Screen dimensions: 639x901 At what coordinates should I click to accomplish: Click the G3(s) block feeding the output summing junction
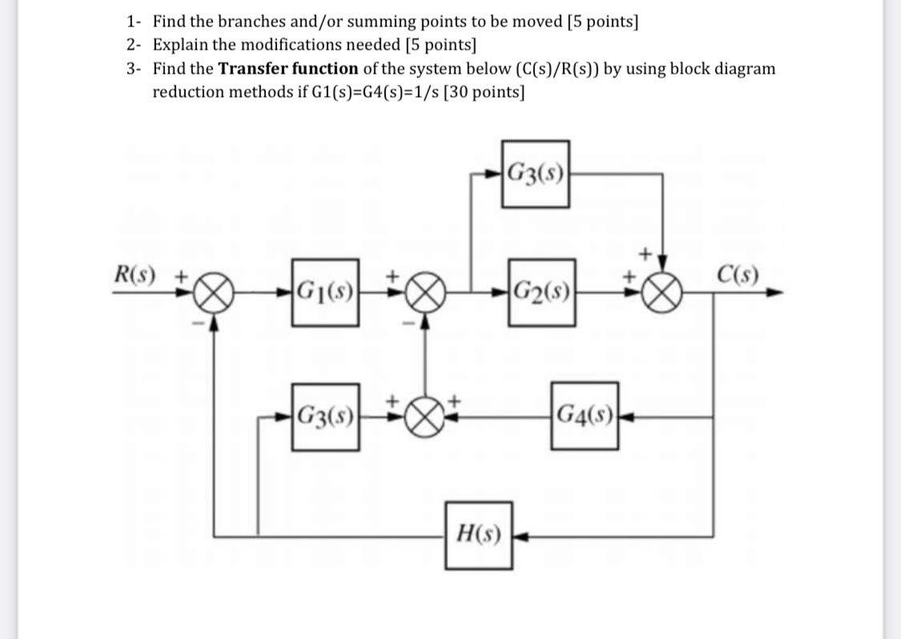[x=536, y=174]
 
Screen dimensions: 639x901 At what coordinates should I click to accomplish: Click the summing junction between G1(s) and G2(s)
[x=426, y=292]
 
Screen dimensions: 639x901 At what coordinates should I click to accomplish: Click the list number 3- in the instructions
[x=134, y=68]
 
